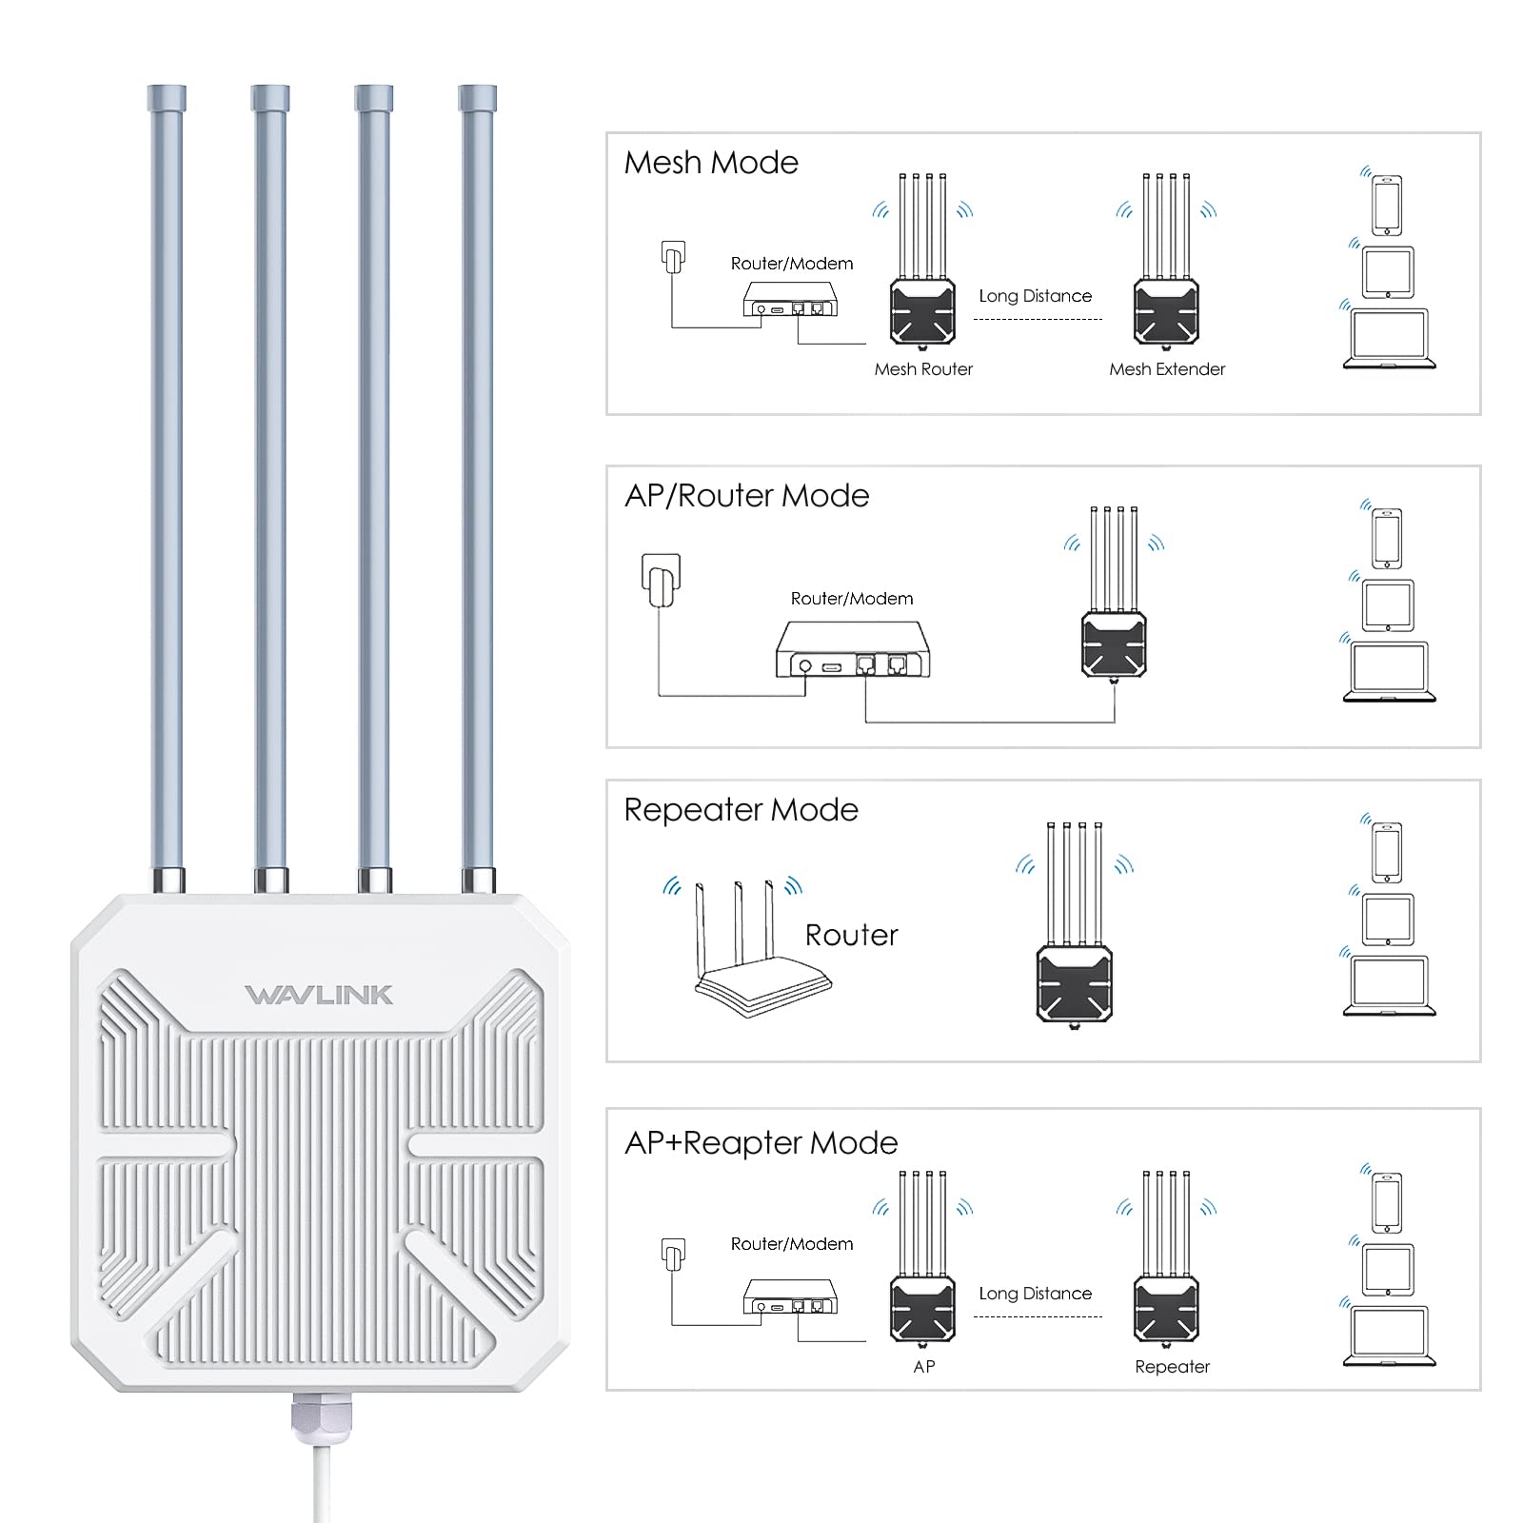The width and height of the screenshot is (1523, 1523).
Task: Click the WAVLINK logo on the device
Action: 318,996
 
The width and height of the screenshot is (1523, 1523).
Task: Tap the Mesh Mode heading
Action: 710,163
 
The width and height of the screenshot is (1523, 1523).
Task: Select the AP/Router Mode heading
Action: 746,496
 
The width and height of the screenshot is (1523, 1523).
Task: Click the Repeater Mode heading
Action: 741,810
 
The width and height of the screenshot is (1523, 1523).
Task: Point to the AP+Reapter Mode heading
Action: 761,1143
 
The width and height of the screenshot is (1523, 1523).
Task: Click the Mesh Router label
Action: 923,369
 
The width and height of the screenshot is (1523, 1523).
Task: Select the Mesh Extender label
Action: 1167,369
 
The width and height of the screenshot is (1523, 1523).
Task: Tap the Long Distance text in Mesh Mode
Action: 1035,296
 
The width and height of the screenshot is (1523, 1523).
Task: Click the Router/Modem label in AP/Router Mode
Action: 851,599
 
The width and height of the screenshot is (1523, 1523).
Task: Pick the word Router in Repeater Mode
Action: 851,936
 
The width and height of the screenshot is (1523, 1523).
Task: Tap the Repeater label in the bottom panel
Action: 1172,1367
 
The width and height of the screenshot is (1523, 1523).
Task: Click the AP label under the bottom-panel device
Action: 923,1367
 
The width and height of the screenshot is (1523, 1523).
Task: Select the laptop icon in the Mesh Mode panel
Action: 1389,339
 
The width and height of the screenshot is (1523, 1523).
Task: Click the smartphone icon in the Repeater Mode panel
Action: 1387,852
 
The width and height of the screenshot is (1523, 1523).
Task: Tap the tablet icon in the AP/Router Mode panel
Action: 1388,605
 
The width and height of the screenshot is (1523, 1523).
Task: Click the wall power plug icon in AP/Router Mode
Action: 661,579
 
